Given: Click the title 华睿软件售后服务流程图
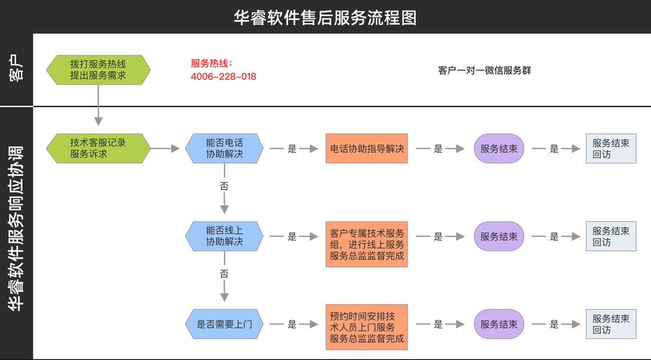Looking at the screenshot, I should click(x=325, y=17).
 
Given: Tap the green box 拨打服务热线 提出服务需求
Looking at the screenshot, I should click(x=98, y=70).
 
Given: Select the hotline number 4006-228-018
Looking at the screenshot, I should click(x=223, y=76).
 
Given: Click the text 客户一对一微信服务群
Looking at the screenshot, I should click(x=485, y=71).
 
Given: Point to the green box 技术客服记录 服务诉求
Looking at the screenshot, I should click(x=98, y=148).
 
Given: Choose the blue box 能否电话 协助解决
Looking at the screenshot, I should click(x=224, y=148).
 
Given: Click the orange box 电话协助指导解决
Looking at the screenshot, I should click(x=367, y=148).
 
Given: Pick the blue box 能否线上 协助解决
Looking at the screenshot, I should click(x=224, y=236).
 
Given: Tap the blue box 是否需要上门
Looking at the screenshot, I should click(x=224, y=324).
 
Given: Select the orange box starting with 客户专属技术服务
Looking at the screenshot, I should click(x=367, y=244).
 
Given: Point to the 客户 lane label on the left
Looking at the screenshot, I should click(x=16, y=70).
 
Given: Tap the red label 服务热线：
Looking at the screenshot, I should click(x=212, y=63).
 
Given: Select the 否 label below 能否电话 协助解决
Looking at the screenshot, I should click(x=224, y=186).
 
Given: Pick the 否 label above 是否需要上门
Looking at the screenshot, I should click(x=224, y=274).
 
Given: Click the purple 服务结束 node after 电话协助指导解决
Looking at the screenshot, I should click(x=498, y=148).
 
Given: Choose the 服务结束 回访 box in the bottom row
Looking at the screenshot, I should click(x=611, y=324).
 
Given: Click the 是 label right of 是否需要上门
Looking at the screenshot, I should click(x=292, y=324).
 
